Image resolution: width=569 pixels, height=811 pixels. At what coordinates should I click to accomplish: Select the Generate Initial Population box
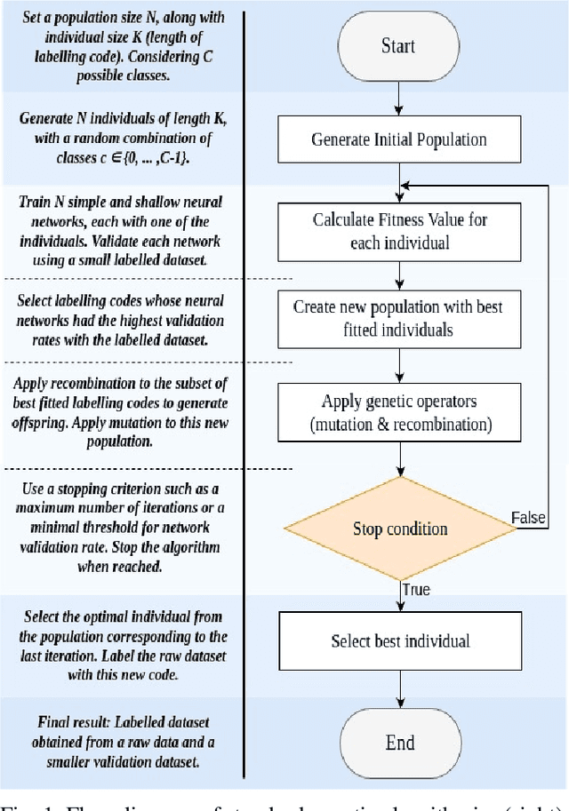pyautogui.click(x=398, y=139)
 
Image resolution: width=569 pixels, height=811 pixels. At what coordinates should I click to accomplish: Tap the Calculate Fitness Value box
pyautogui.click(x=398, y=231)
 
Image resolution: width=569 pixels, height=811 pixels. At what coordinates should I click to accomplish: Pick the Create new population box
pyautogui.click(x=398, y=318)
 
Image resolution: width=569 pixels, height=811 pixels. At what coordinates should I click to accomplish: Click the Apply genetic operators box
pyautogui.click(x=398, y=412)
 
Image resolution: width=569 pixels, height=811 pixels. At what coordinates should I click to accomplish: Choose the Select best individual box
pyautogui.click(x=398, y=641)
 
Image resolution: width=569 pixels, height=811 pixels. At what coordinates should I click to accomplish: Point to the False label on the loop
pyautogui.click(x=528, y=518)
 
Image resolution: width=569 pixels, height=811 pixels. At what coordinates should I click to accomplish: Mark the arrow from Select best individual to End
pyautogui.click(x=398, y=688)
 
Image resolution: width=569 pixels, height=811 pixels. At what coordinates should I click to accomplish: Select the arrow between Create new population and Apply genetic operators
pyautogui.click(x=398, y=364)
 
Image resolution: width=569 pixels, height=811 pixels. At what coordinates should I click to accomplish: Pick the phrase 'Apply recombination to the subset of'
pyautogui.click(x=122, y=383)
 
